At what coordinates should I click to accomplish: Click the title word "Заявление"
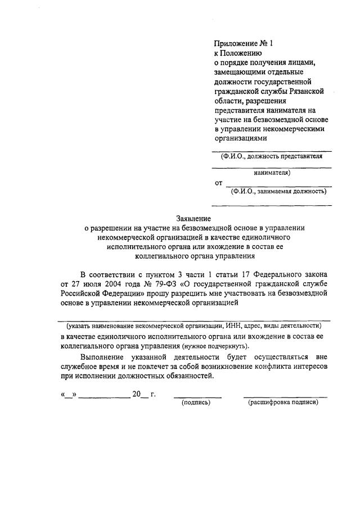(x=193, y=219)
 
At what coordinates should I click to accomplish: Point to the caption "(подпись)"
(x=195, y=403)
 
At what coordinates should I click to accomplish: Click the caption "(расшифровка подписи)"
(x=283, y=403)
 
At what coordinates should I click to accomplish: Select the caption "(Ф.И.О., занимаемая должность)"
(x=279, y=191)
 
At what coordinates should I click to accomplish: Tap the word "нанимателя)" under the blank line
(x=272, y=173)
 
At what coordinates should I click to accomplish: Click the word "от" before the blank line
(x=219, y=183)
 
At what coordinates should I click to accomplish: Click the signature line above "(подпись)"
(x=197, y=396)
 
